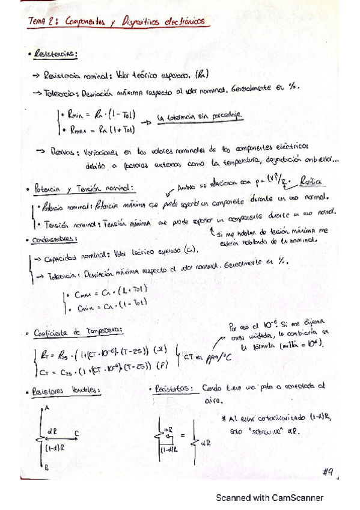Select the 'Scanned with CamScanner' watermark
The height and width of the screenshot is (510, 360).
point(270,498)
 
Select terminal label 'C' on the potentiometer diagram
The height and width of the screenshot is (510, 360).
point(76,432)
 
